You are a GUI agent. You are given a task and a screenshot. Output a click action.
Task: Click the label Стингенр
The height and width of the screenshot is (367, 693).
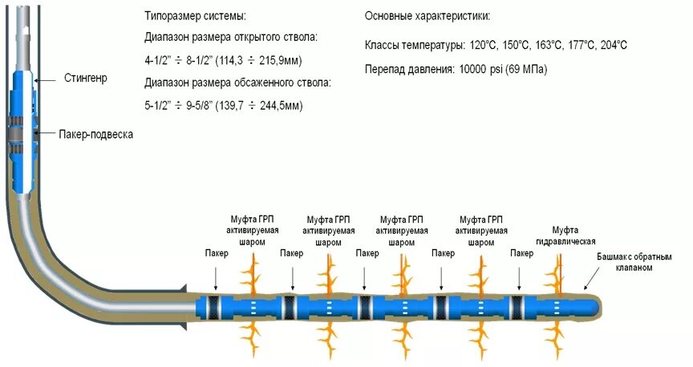point(85,78)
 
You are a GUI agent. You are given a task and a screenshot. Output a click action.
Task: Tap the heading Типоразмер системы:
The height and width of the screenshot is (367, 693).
point(195,16)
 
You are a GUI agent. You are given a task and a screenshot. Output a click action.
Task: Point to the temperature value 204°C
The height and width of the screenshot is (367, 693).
point(610,45)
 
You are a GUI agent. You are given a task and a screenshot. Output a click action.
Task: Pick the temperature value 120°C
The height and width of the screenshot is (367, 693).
point(484,45)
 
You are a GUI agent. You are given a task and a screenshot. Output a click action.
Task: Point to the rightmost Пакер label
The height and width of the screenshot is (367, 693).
point(521,253)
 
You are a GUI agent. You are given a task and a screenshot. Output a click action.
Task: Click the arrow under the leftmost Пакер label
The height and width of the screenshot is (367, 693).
point(215,277)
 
